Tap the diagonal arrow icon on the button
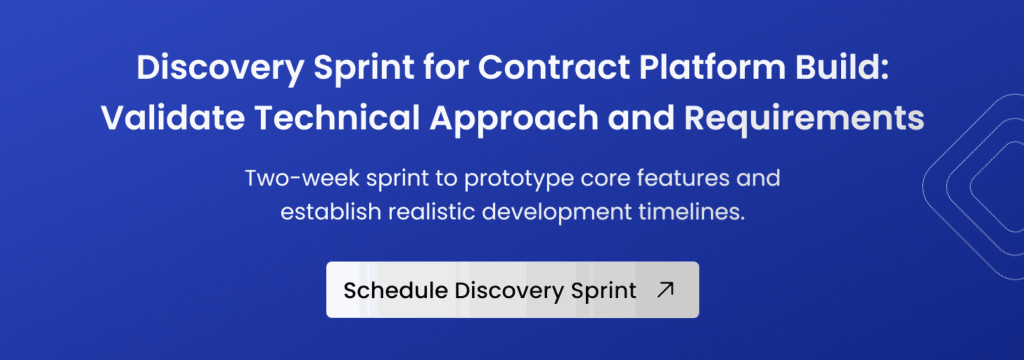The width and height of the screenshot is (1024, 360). click(665, 290)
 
